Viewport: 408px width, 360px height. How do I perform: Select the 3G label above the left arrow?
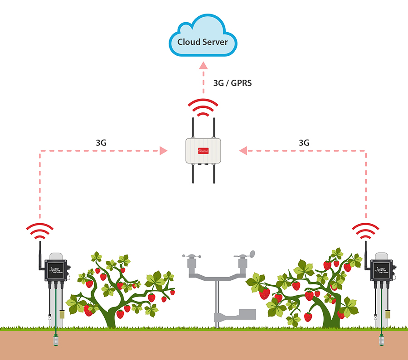[x=101, y=142]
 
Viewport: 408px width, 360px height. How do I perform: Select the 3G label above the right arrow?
[x=304, y=142]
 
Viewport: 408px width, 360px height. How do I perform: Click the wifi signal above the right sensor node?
[x=366, y=231]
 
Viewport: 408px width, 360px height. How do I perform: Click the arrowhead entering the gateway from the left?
[x=163, y=151]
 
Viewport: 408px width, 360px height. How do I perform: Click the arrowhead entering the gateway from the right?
[x=243, y=151]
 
